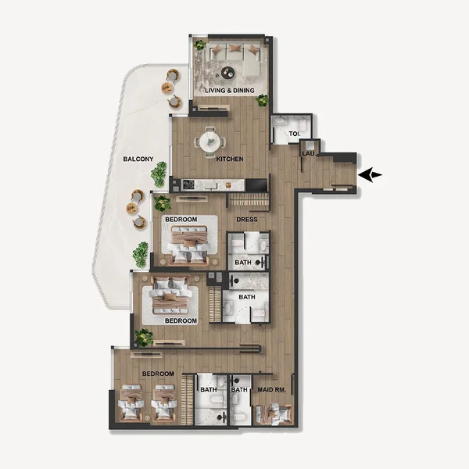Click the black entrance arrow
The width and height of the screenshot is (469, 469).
click(371, 175)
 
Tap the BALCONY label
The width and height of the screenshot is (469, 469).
click(138, 159)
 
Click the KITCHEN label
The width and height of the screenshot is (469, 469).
click(230, 159)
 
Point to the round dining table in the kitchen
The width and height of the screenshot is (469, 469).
click(210, 141)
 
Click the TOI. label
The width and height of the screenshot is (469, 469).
click(294, 134)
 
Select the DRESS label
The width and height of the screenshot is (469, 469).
click(247, 220)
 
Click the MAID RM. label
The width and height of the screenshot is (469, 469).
click(274, 389)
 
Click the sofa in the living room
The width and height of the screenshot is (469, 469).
click(232, 53)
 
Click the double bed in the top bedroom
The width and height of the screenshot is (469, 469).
click(188, 243)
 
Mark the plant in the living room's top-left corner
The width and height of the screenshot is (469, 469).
click(199, 45)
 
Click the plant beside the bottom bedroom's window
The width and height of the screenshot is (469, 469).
click(144, 338)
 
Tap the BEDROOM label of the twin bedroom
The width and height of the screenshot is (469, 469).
click(158, 374)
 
